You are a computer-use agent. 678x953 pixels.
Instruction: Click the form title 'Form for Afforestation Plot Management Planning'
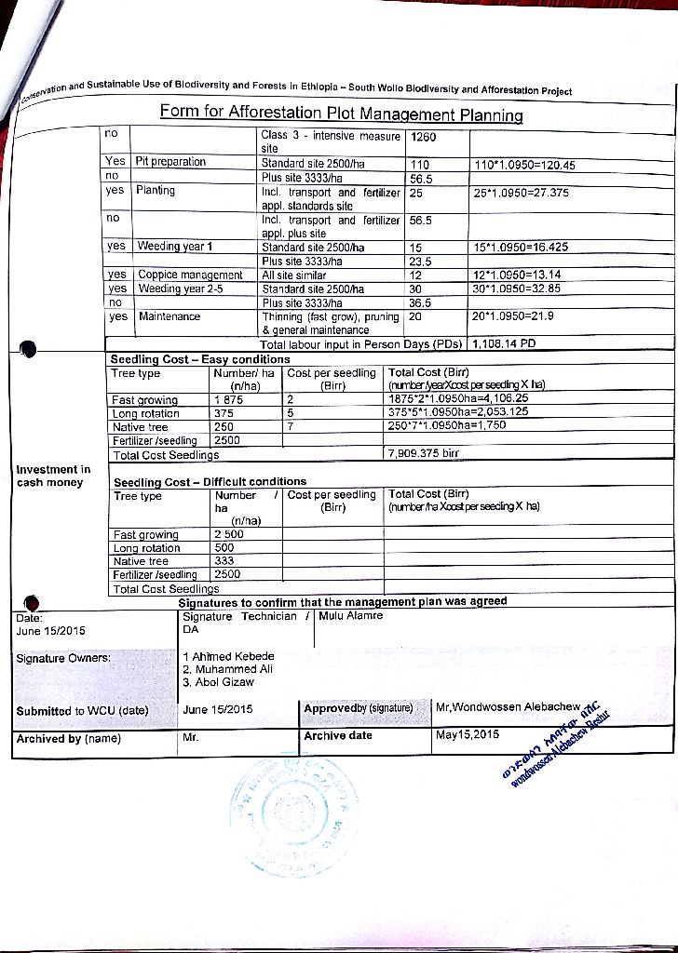pyautogui.click(x=341, y=114)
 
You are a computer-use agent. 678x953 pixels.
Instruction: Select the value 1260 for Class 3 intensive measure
pyautogui.click(x=424, y=138)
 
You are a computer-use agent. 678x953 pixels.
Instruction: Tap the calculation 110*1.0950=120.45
pyautogui.click(x=525, y=165)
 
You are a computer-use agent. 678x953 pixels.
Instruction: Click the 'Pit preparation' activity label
pyautogui.click(x=170, y=161)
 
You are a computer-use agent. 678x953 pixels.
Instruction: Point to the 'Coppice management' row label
pyautogui.click(x=190, y=275)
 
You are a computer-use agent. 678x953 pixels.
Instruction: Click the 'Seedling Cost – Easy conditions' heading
pyautogui.click(x=200, y=359)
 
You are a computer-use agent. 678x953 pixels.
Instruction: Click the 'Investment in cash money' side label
pyautogui.click(x=53, y=476)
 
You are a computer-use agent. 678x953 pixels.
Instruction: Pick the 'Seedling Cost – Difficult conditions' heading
pyautogui.click(x=210, y=482)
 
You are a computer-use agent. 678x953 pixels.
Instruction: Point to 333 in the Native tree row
pyautogui.click(x=224, y=561)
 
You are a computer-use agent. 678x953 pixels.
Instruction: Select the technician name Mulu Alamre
pyautogui.click(x=350, y=616)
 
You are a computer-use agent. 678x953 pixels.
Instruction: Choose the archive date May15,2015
pyautogui.click(x=468, y=734)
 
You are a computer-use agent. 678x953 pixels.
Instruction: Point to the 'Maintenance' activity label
pyautogui.click(x=169, y=316)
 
